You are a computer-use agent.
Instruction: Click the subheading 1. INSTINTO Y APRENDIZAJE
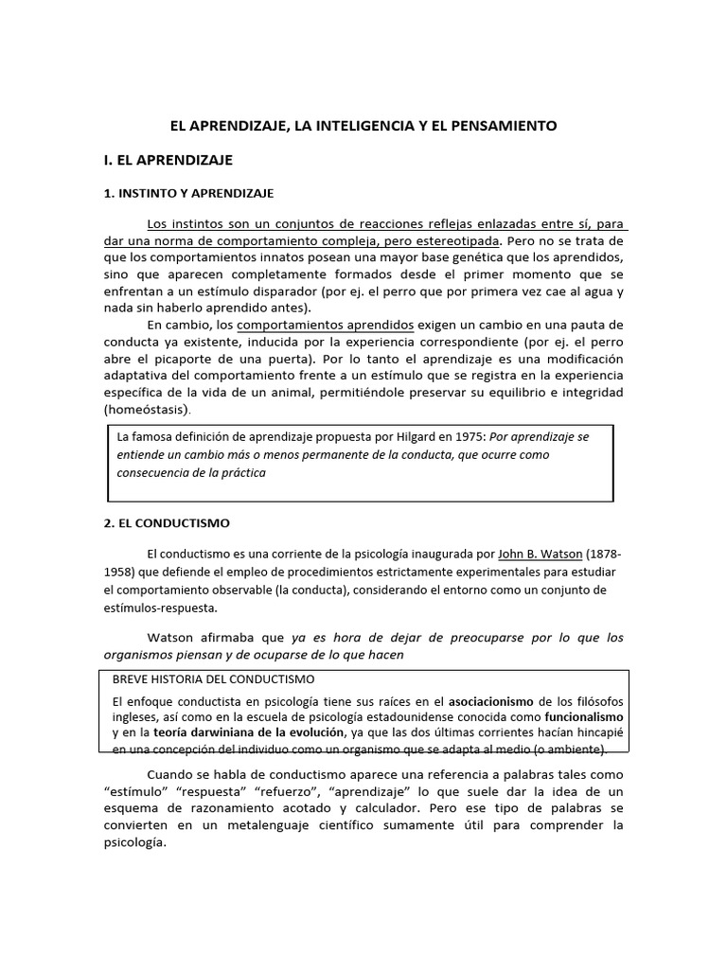pyautogui.click(x=188, y=193)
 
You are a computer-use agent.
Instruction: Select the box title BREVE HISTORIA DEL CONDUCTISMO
pyautogui.click(x=214, y=679)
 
